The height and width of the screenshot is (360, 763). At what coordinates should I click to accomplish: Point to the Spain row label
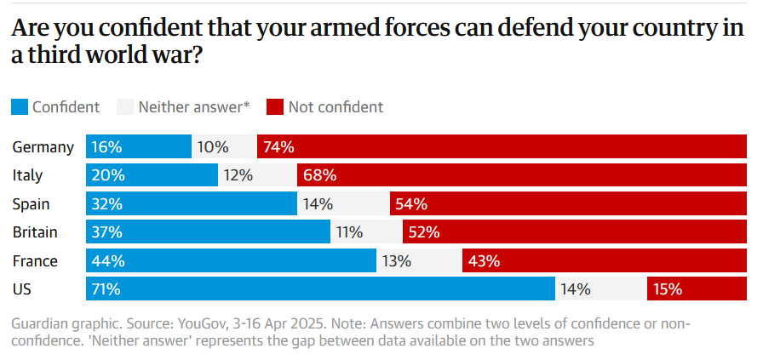point(31,204)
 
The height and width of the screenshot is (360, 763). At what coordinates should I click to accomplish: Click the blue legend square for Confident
point(19,107)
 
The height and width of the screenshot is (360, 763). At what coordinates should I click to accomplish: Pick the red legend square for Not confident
point(274,107)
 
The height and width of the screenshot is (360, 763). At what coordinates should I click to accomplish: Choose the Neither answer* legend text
point(194,107)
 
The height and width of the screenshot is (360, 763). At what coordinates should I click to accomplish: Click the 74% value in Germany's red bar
point(279,147)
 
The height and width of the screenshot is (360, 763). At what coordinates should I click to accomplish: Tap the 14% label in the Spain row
point(317,204)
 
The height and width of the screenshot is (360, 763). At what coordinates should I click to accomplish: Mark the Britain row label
point(35,232)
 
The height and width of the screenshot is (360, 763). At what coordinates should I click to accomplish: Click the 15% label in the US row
point(668,289)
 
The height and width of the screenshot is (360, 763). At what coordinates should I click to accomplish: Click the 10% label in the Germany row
point(213,147)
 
